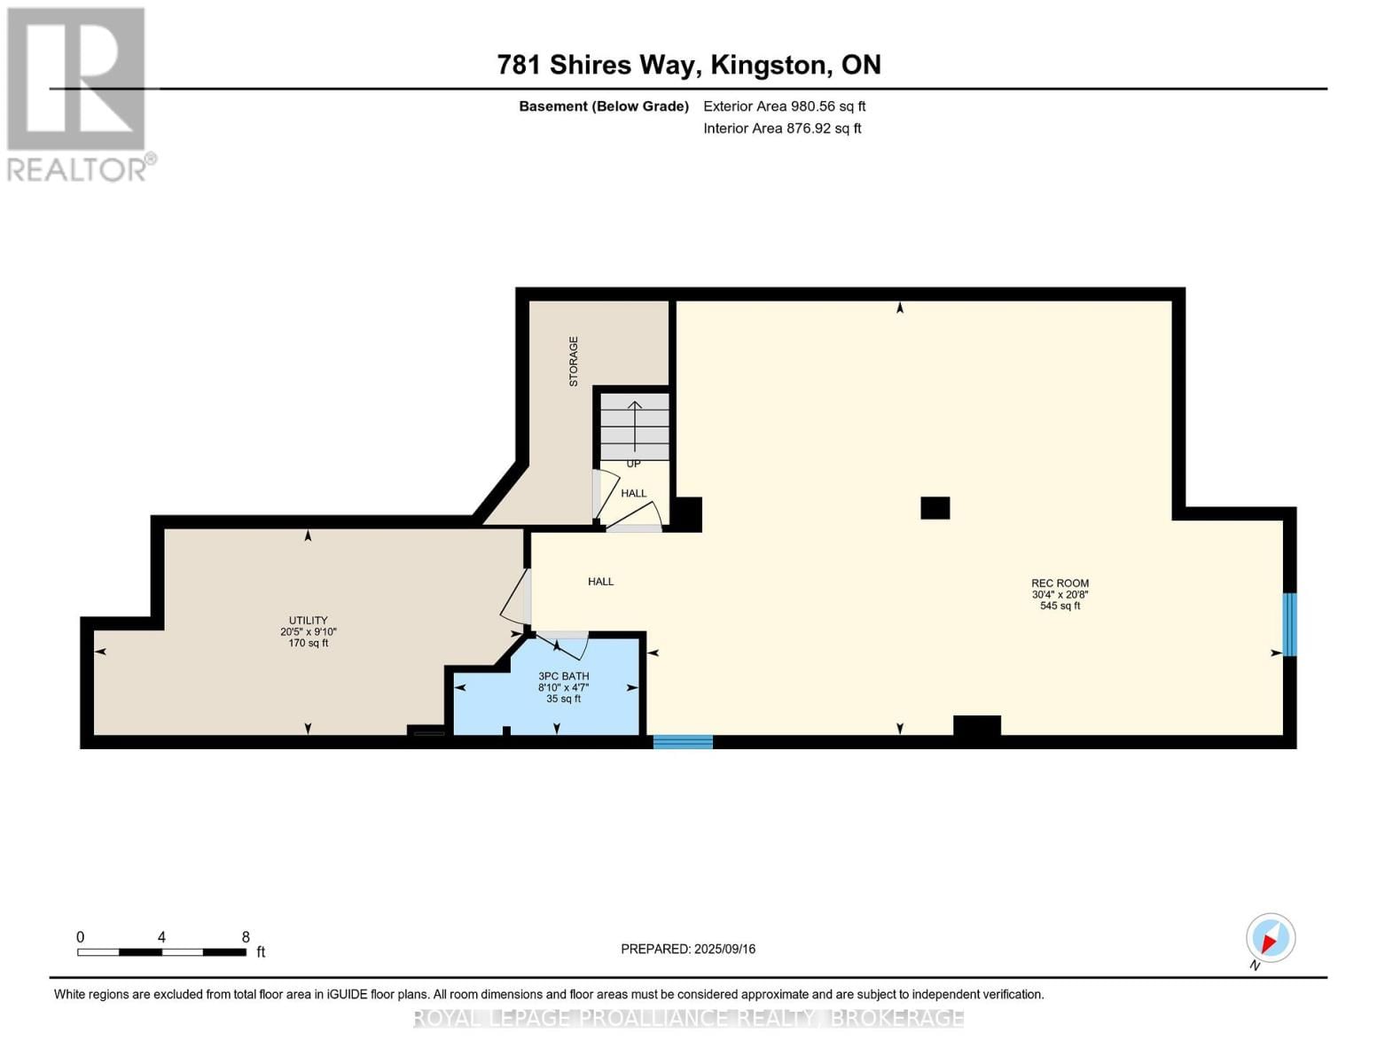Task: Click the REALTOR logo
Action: click(x=78, y=94)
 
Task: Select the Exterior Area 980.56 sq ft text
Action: click(x=784, y=106)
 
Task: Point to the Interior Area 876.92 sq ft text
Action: click(x=782, y=129)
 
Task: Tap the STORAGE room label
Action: click(x=574, y=361)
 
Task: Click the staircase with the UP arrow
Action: click(x=635, y=426)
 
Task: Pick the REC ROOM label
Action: click(x=1060, y=583)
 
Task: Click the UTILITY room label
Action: click(x=308, y=621)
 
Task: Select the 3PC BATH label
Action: click(x=563, y=677)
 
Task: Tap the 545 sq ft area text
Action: click(x=1060, y=606)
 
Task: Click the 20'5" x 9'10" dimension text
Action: click(x=308, y=632)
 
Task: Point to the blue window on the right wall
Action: click(x=1290, y=624)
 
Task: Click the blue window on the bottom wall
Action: click(x=683, y=742)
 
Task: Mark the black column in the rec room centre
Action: click(x=935, y=508)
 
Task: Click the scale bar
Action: click(x=161, y=952)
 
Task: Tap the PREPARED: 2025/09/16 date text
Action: click(x=688, y=949)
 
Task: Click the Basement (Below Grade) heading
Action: click(x=603, y=106)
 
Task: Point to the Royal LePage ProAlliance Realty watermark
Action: click(x=688, y=1018)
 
